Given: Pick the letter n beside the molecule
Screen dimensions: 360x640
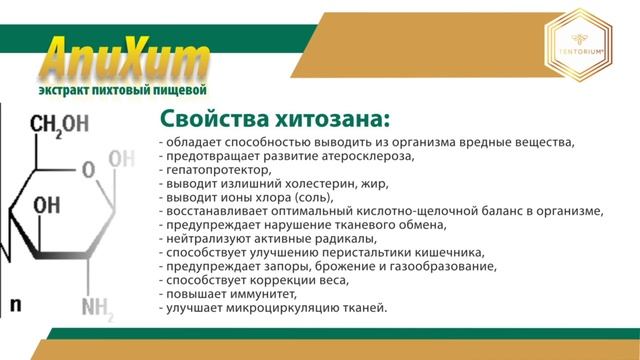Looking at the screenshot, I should (15, 302).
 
